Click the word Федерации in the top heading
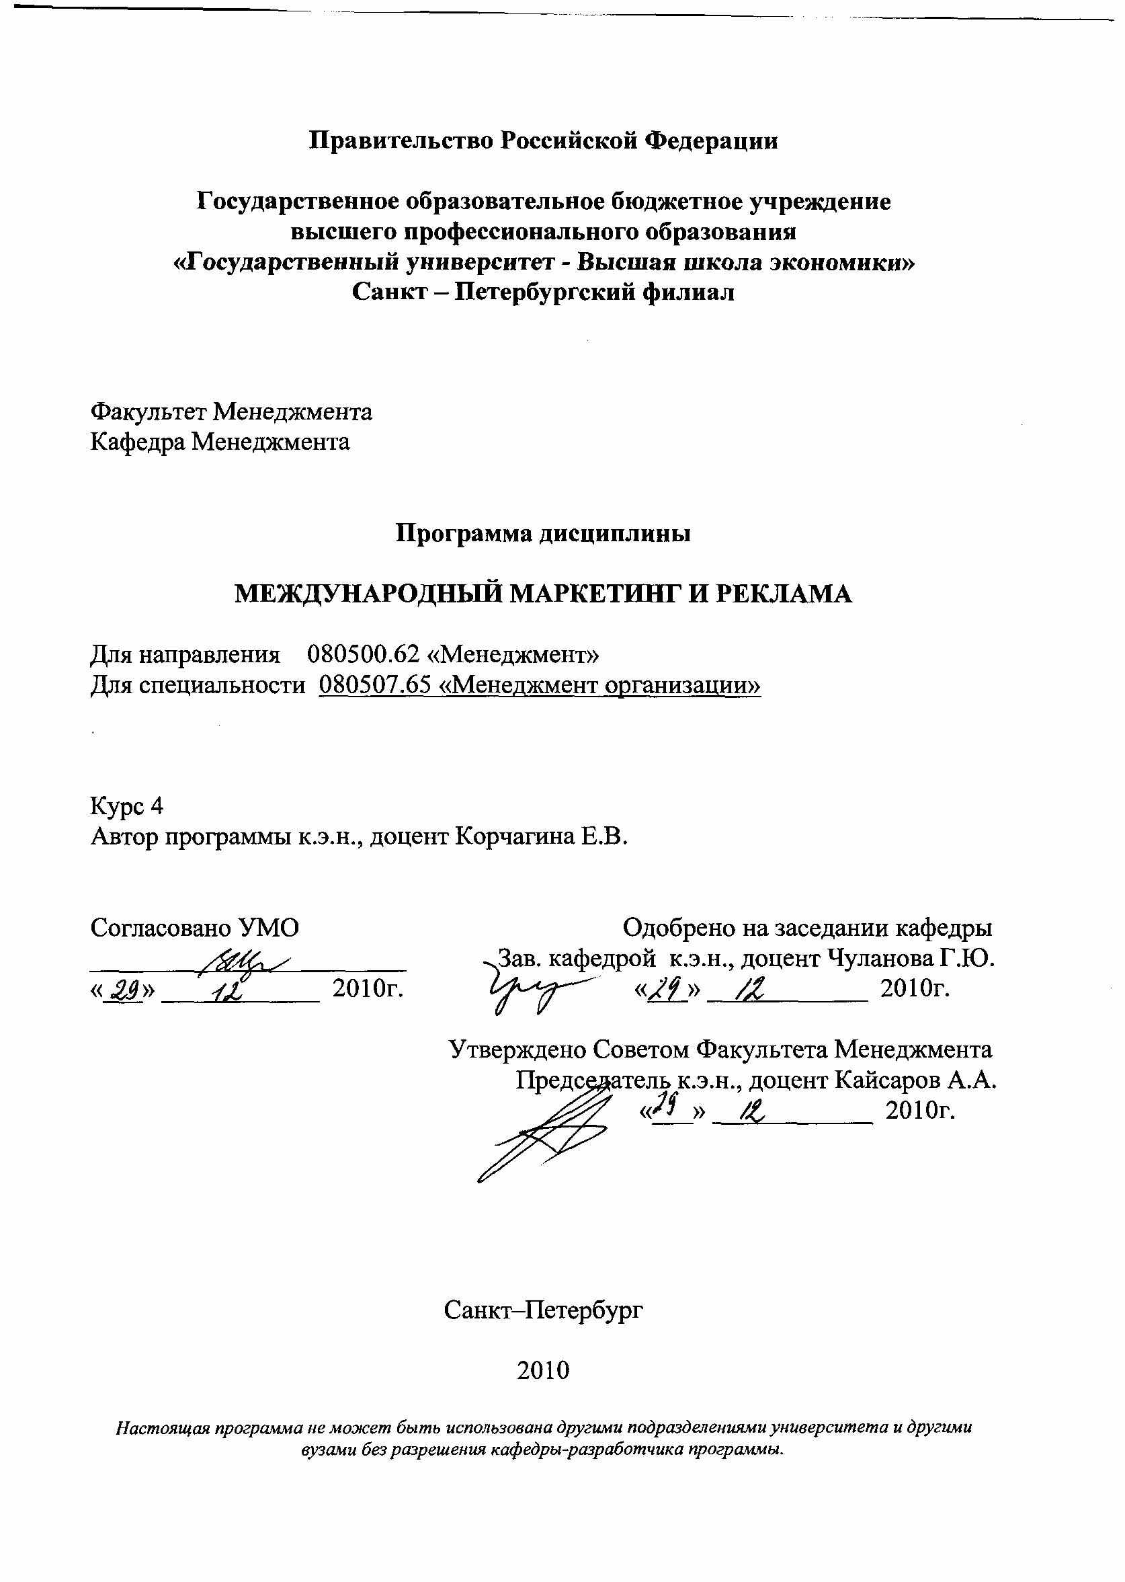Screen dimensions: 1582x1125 pyautogui.click(x=712, y=141)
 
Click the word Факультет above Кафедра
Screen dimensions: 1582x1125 pyautogui.click(x=149, y=412)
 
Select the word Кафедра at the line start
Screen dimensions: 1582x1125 pyautogui.click(x=137, y=442)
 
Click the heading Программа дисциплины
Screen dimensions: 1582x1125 pyautogui.click(x=543, y=535)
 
